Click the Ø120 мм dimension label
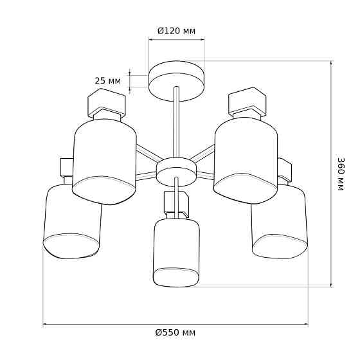tap(176, 31)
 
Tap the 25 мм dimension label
tap(108, 81)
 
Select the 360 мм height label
tap(341, 174)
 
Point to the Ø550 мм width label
tap(175, 332)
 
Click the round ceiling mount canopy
tap(176, 81)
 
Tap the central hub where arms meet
tap(176, 172)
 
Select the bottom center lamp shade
tap(176, 253)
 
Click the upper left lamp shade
tap(104, 161)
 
